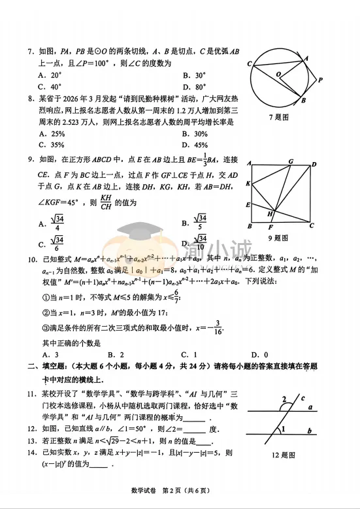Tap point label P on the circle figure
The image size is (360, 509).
pos(321,80)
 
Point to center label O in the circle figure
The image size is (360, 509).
pos(278,75)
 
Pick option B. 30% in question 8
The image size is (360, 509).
pos(195,133)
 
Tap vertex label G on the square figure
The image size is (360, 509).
pos(290,162)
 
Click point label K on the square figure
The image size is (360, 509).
pos(249,184)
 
